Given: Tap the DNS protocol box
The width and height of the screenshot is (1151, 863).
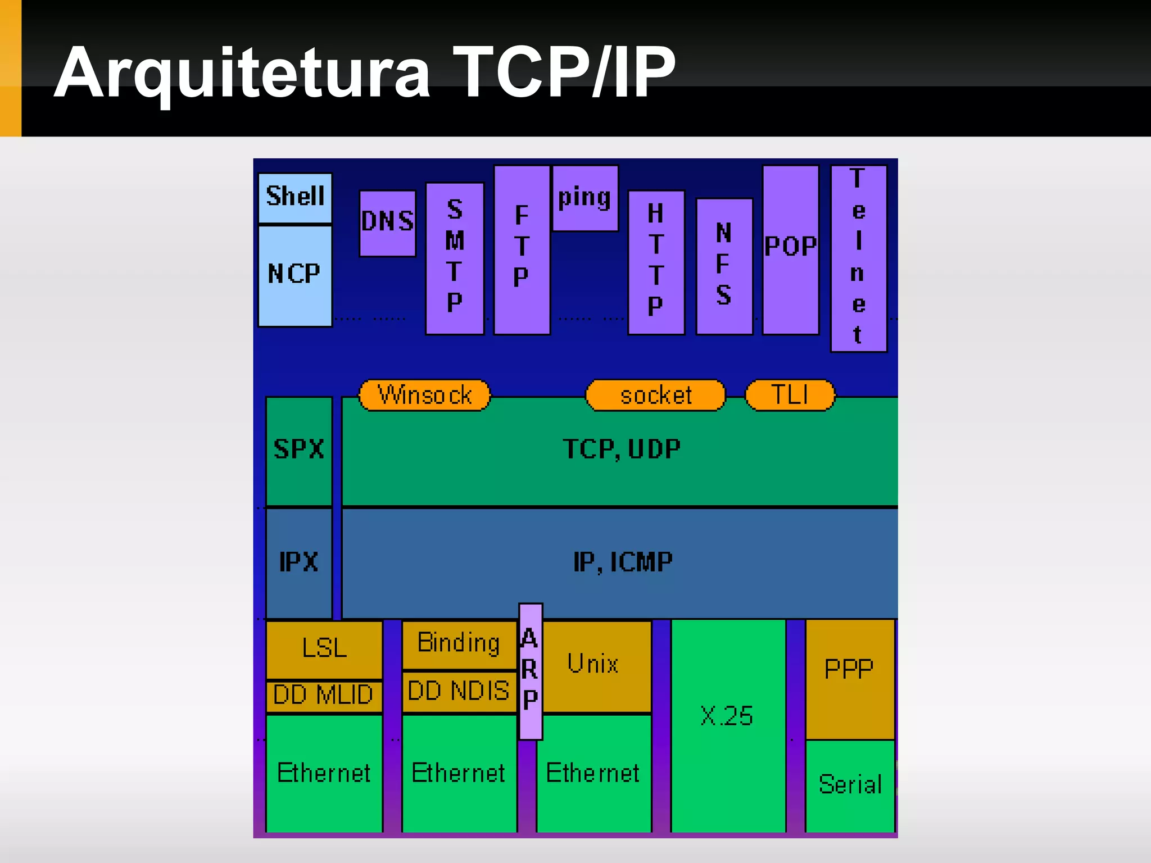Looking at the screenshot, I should [387, 222].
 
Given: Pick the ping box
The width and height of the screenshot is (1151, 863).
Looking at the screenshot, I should [585, 198].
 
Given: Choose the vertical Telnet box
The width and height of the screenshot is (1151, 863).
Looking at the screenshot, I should [858, 258].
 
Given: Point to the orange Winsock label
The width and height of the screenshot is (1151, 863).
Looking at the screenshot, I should [425, 395].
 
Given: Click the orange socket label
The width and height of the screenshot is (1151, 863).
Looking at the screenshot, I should [655, 395].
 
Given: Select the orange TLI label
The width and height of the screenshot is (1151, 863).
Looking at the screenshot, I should [790, 395].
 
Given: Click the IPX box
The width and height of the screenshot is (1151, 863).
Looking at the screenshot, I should [298, 562].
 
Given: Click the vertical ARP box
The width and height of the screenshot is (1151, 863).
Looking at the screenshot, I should [530, 671].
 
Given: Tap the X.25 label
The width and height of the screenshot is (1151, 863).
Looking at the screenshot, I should [727, 716].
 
